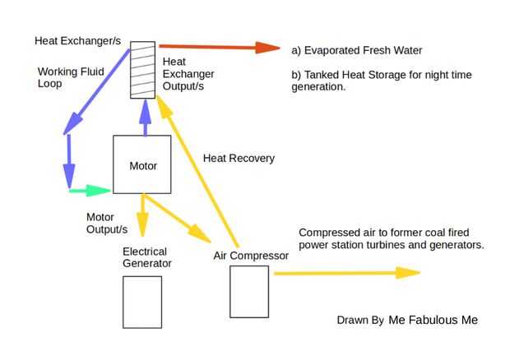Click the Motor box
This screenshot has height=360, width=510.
coord(142,164)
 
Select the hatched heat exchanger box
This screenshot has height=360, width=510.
coord(143,70)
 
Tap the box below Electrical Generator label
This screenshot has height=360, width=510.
coord(142,302)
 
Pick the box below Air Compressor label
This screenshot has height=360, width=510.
coord(249,291)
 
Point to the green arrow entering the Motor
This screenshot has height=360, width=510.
coord(90,190)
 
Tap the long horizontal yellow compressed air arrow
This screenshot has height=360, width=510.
coord(346,273)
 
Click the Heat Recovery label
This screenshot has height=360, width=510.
coord(239,158)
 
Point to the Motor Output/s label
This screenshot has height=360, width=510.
coord(107,223)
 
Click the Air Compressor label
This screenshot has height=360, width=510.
coord(251,256)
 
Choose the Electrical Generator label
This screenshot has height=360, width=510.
coord(147,257)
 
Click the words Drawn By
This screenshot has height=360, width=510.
coord(360,321)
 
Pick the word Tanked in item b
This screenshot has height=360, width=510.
coord(326,75)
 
